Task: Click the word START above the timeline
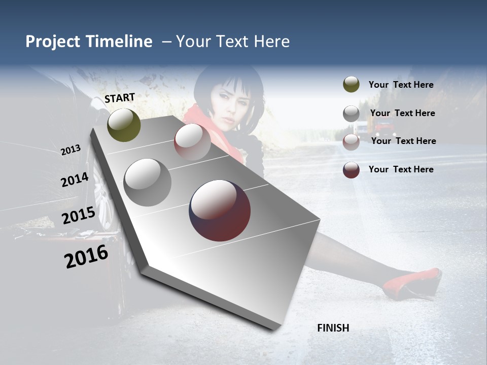120,98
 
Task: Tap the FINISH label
333,328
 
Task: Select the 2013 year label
71,150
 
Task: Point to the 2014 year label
75,180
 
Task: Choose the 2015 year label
78,215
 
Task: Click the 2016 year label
86,257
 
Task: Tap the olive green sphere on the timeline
124,125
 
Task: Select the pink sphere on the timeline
192,142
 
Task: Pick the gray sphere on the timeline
148,182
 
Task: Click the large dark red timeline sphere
220,210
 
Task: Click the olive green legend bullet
351,85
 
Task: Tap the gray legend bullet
351,114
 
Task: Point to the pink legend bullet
351,142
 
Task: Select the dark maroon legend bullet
351,170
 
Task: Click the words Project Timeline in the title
89,42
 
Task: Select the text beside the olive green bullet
401,85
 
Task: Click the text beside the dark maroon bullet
401,169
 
